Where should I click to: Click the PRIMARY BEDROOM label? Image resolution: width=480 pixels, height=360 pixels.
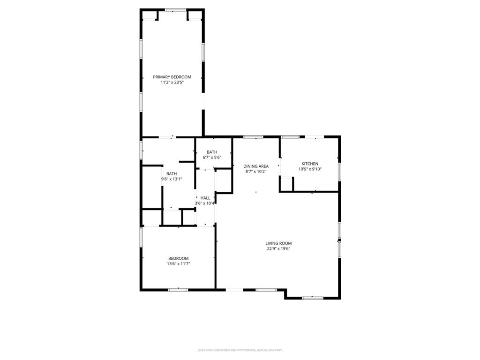tap(172, 77)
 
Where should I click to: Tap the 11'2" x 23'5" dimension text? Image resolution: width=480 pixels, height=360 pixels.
tap(172, 82)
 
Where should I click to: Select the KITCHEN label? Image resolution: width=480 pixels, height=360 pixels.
tap(310, 164)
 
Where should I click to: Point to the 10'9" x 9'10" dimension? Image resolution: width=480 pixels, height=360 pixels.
tap(310, 169)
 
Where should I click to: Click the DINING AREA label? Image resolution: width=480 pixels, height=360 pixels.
tap(256, 166)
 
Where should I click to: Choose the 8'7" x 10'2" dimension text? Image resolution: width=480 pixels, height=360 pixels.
tap(256, 172)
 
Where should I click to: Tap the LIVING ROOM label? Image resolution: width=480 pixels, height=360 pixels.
tap(278, 243)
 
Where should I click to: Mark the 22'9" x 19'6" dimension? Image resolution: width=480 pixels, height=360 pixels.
tap(278, 249)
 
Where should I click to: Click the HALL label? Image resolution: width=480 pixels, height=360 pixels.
tap(205, 198)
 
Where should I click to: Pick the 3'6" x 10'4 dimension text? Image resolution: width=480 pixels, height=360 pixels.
tap(205, 203)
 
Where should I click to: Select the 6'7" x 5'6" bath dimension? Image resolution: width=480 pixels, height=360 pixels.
tap(212, 157)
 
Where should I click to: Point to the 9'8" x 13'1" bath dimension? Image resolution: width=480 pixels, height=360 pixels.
tap(172, 179)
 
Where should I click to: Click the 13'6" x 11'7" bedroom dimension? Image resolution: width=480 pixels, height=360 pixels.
tap(178, 264)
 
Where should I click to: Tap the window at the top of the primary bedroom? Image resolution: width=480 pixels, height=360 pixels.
tap(175, 10)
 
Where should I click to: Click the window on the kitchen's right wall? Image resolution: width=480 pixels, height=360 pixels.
tap(339, 172)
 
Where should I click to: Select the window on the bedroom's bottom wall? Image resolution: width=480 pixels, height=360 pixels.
tap(178, 290)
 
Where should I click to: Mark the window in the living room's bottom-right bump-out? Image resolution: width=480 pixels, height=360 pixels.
tap(312, 298)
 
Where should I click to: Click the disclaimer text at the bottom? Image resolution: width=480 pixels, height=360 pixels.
tap(240, 350)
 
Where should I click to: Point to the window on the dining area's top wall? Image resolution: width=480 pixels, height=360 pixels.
tap(253, 137)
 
